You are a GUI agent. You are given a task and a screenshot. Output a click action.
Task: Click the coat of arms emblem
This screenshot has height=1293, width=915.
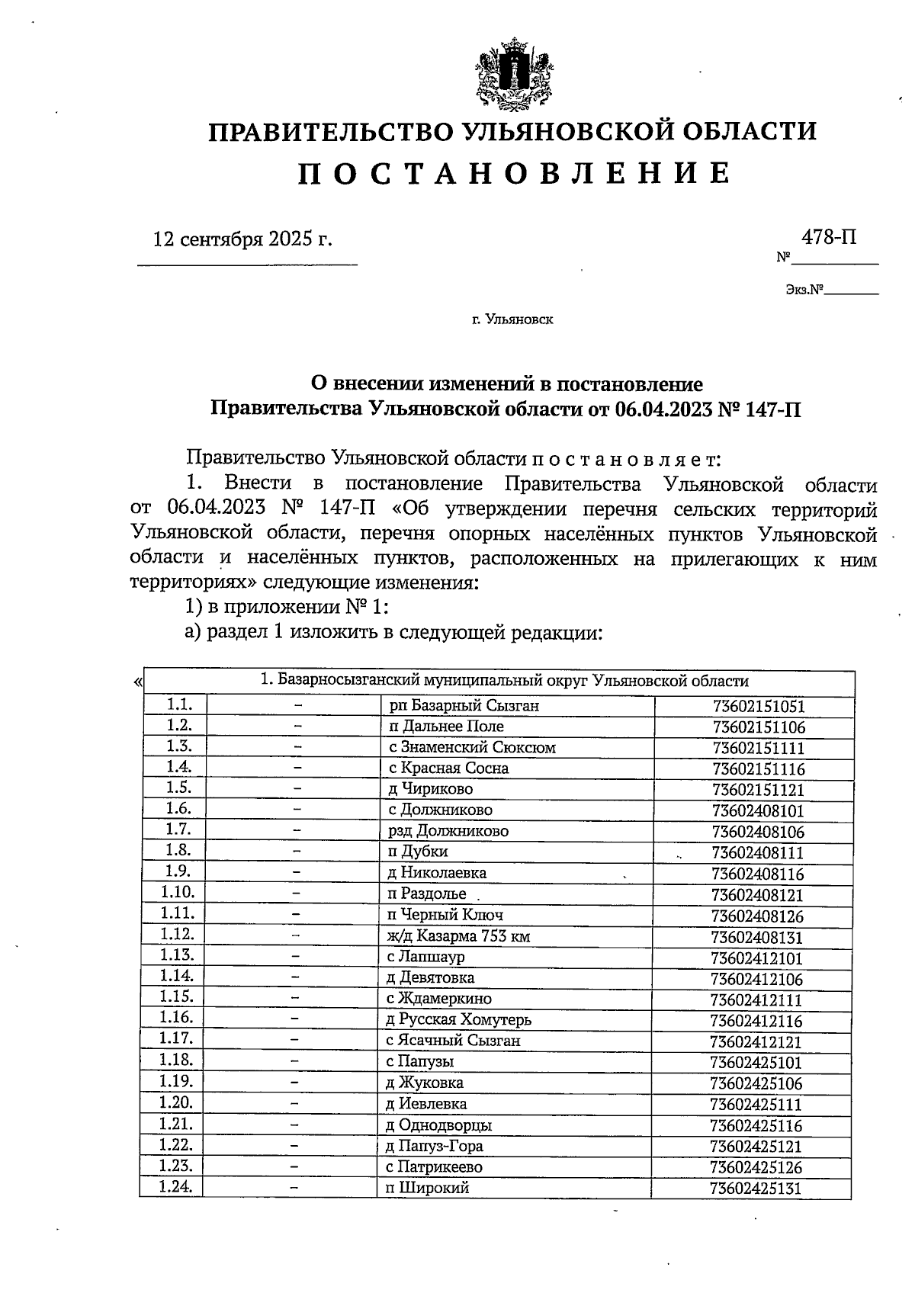coord(512,74)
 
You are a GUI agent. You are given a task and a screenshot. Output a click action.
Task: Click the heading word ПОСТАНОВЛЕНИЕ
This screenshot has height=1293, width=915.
coord(512,174)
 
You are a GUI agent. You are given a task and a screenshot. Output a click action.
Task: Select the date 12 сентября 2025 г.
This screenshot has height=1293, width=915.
coord(243,239)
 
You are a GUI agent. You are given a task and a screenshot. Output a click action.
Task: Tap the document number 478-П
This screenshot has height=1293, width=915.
coord(829,237)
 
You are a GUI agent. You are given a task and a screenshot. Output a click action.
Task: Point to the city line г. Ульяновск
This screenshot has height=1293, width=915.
coord(512,319)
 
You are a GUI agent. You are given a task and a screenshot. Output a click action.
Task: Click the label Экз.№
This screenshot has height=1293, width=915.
coord(805,290)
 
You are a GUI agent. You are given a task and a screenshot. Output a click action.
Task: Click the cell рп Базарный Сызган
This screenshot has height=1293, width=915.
coord(464,706)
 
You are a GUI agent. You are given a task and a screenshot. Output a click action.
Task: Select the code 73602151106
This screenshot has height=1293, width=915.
coord(759,727)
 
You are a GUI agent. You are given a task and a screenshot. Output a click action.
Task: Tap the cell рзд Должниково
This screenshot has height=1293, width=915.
coord(448,831)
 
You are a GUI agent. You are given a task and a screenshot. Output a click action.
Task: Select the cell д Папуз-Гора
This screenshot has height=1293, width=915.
coord(435,1146)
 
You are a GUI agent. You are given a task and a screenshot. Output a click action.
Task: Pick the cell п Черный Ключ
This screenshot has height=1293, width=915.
coord(445,915)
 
